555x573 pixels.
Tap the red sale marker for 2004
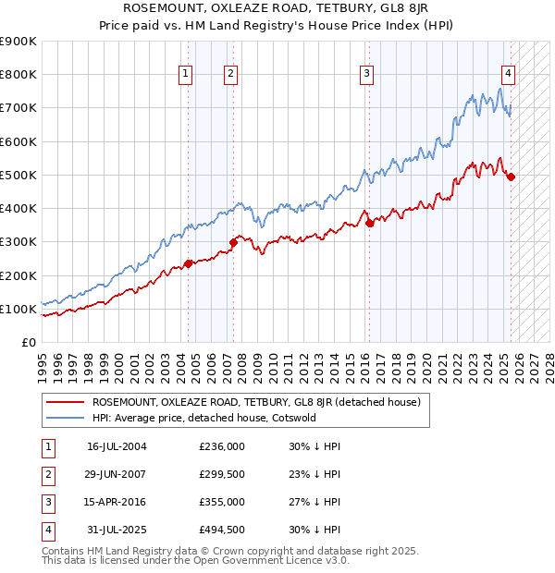(188, 263)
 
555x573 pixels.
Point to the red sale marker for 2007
(233, 242)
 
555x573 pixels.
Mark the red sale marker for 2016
(369, 223)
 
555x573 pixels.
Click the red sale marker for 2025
(512, 177)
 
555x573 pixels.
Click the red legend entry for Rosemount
(256, 402)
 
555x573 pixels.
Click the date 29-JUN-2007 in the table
(117, 473)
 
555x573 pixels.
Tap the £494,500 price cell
(221, 530)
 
